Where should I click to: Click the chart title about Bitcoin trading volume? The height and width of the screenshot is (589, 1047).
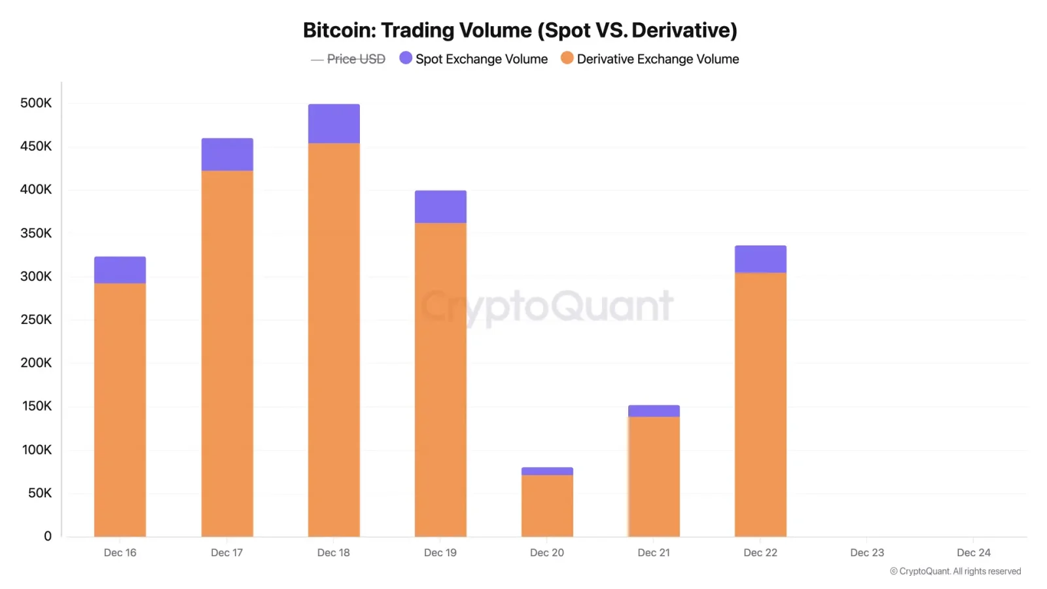coord(520,30)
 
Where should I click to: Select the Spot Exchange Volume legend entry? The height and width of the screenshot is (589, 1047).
coord(474,59)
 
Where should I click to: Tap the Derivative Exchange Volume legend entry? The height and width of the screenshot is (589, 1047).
coord(650,59)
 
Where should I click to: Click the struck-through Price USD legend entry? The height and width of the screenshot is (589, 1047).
coord(348,59)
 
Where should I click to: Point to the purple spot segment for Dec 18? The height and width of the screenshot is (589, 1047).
coord(334,124)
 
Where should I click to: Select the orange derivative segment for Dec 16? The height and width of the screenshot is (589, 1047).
coord(120,409)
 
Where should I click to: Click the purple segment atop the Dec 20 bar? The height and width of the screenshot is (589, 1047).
coord(547,471)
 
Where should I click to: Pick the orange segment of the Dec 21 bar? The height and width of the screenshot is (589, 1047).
coord(654,476)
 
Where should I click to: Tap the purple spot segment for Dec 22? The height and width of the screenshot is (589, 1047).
coord(760,259)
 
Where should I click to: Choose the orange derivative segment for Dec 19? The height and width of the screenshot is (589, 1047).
coord(440,380)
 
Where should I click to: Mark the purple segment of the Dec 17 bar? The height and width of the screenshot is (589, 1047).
coord(227,154)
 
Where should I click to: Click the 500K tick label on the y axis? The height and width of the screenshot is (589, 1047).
coord(36,103)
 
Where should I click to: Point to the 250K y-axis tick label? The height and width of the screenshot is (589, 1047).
coord(36,319)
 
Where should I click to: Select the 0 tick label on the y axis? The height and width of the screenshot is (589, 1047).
coord(47,536)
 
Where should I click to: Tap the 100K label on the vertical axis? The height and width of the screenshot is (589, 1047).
coord(37,450)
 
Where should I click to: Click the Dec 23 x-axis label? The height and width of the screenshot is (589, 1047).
coord(867,552)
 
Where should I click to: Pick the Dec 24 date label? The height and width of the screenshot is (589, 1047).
coord(974,552)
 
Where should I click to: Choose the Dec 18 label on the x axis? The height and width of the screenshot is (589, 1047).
coord(334,552)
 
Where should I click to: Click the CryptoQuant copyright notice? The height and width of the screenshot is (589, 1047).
coord(955,571)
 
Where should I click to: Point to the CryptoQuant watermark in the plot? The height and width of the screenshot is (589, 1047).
coord(547,306)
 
